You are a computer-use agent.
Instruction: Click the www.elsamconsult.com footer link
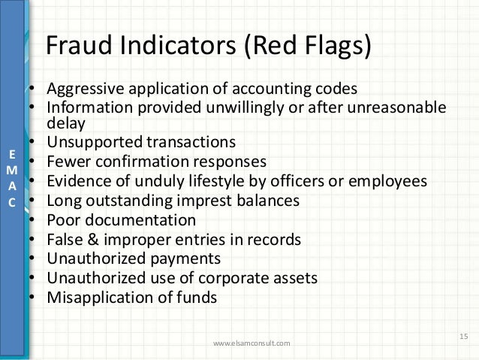(251, 344)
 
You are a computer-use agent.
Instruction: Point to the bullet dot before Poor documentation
(33, 221)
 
